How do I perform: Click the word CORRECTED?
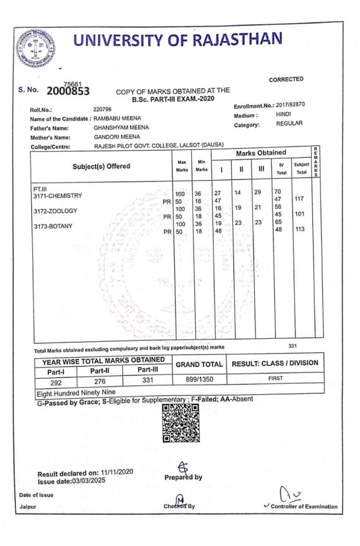pyautogui.click(x=286, y=79)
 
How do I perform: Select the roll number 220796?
pyautogui.click(x=104, y=108)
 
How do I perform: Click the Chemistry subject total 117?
pyautogui.click(x=299, y=198)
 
